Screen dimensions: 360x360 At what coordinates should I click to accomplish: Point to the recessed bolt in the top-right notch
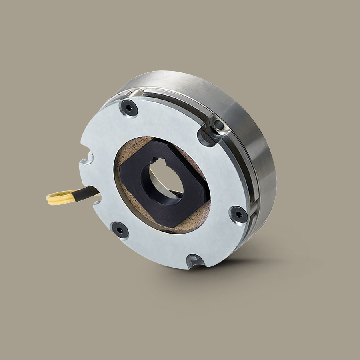218,126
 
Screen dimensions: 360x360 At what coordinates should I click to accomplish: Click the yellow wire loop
60,198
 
